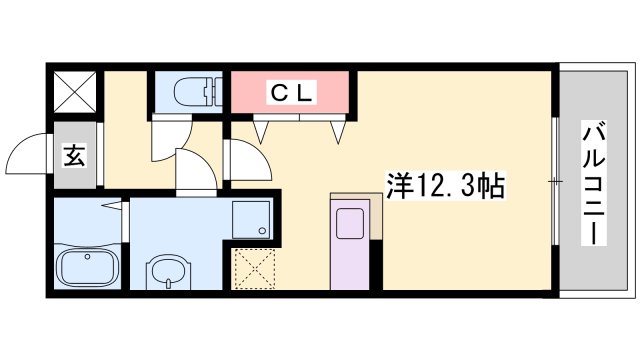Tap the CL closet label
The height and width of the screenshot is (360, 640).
click(291, 92)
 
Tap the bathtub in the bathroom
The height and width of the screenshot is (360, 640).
click(86, 267)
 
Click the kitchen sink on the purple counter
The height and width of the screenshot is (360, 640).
click(351, 223)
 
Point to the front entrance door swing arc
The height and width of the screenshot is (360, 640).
click(28, 155)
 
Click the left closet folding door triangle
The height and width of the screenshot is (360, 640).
click(265, 128)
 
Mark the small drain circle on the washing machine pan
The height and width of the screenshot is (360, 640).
click(262, 231)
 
